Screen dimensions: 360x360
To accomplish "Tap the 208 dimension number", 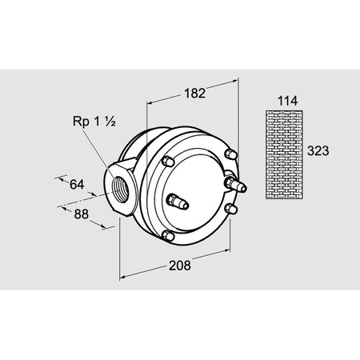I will pos(179,266).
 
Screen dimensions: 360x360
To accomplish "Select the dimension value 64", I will pos(77,185).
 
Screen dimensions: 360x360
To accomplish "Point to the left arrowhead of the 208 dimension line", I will pos(122,278).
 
